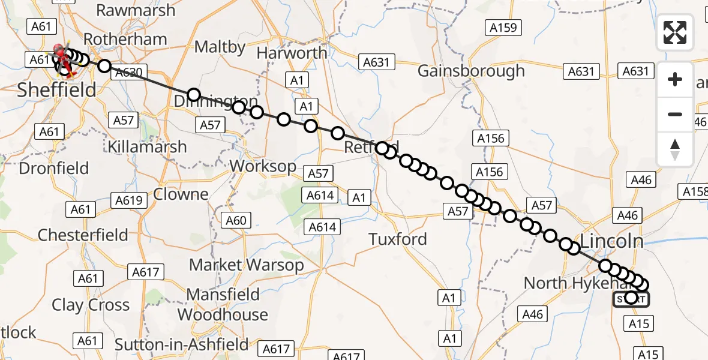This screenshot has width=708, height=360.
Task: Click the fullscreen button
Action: (675, 32)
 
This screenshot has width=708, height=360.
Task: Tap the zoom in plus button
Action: (675, 79)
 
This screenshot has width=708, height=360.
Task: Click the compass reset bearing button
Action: (675, 149)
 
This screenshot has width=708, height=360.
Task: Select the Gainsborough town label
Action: (471, 71)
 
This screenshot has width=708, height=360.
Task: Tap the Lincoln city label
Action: (612, 241)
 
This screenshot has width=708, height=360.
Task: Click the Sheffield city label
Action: (56, 90)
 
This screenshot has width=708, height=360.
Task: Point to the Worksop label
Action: (263, 166)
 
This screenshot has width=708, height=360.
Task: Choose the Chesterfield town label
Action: (83, 235)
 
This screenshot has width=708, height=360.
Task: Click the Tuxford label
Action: (398, 239)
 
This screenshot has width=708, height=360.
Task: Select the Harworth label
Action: (292, 53)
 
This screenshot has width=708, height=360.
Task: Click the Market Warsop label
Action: (247, 265)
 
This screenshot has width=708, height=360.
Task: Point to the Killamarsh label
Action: (147, 146)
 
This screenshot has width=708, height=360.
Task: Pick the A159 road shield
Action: (503, 28)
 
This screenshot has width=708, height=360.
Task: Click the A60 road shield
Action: (236, 221)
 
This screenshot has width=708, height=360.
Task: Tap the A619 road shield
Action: (128, 200)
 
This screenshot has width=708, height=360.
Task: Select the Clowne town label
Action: (181, 194)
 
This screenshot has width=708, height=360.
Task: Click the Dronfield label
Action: (54, 168)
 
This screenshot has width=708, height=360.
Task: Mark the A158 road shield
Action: (694, 191)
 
